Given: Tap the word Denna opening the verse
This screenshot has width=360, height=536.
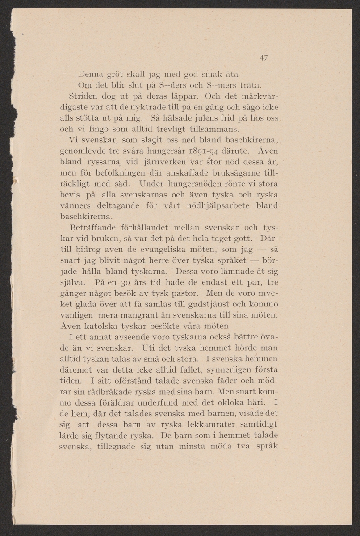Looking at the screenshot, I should click(x=91, y=74).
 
